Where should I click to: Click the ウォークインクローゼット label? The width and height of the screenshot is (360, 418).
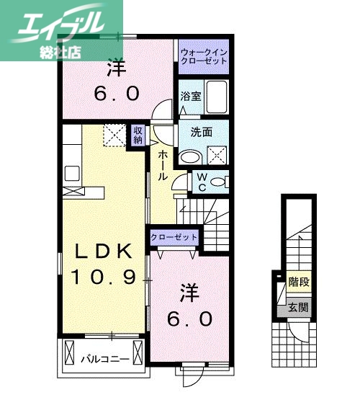(x=204, y=56)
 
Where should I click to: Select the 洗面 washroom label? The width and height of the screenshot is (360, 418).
(x=201, y=132)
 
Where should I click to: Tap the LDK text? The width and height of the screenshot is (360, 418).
(x=104, y=252)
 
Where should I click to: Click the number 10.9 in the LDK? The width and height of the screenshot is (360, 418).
(x=104, y=277)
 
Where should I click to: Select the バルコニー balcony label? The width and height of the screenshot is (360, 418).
(x=105, y=357)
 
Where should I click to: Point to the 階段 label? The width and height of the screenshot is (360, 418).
(x=298, y=282)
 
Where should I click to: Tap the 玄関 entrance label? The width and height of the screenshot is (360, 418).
(x=298, y=308)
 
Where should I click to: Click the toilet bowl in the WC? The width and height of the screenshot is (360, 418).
(x=219, y=182)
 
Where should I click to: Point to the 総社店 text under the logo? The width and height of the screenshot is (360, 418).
(x=62, y=51)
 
